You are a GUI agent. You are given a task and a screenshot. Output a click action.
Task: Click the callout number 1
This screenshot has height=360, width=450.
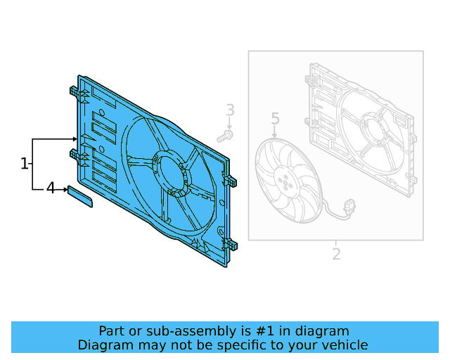[x=25, y=164]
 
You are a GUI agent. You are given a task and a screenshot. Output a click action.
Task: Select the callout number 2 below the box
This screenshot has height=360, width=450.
[x=336, y=254]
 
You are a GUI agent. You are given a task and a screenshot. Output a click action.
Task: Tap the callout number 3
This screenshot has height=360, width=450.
[x=230, y=110]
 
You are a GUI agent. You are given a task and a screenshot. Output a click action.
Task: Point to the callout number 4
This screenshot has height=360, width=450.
[x=51, y=188]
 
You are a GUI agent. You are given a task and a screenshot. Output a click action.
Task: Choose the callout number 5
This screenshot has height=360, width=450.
[x=275, y=119]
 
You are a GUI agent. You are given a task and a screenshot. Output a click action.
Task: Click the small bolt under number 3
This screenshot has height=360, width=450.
[x=226, y=135]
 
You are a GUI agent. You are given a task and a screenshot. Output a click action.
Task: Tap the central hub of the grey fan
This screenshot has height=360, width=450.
[x=285, y=181]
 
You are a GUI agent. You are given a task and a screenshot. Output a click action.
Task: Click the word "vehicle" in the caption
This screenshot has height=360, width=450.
[x=344, y=345]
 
